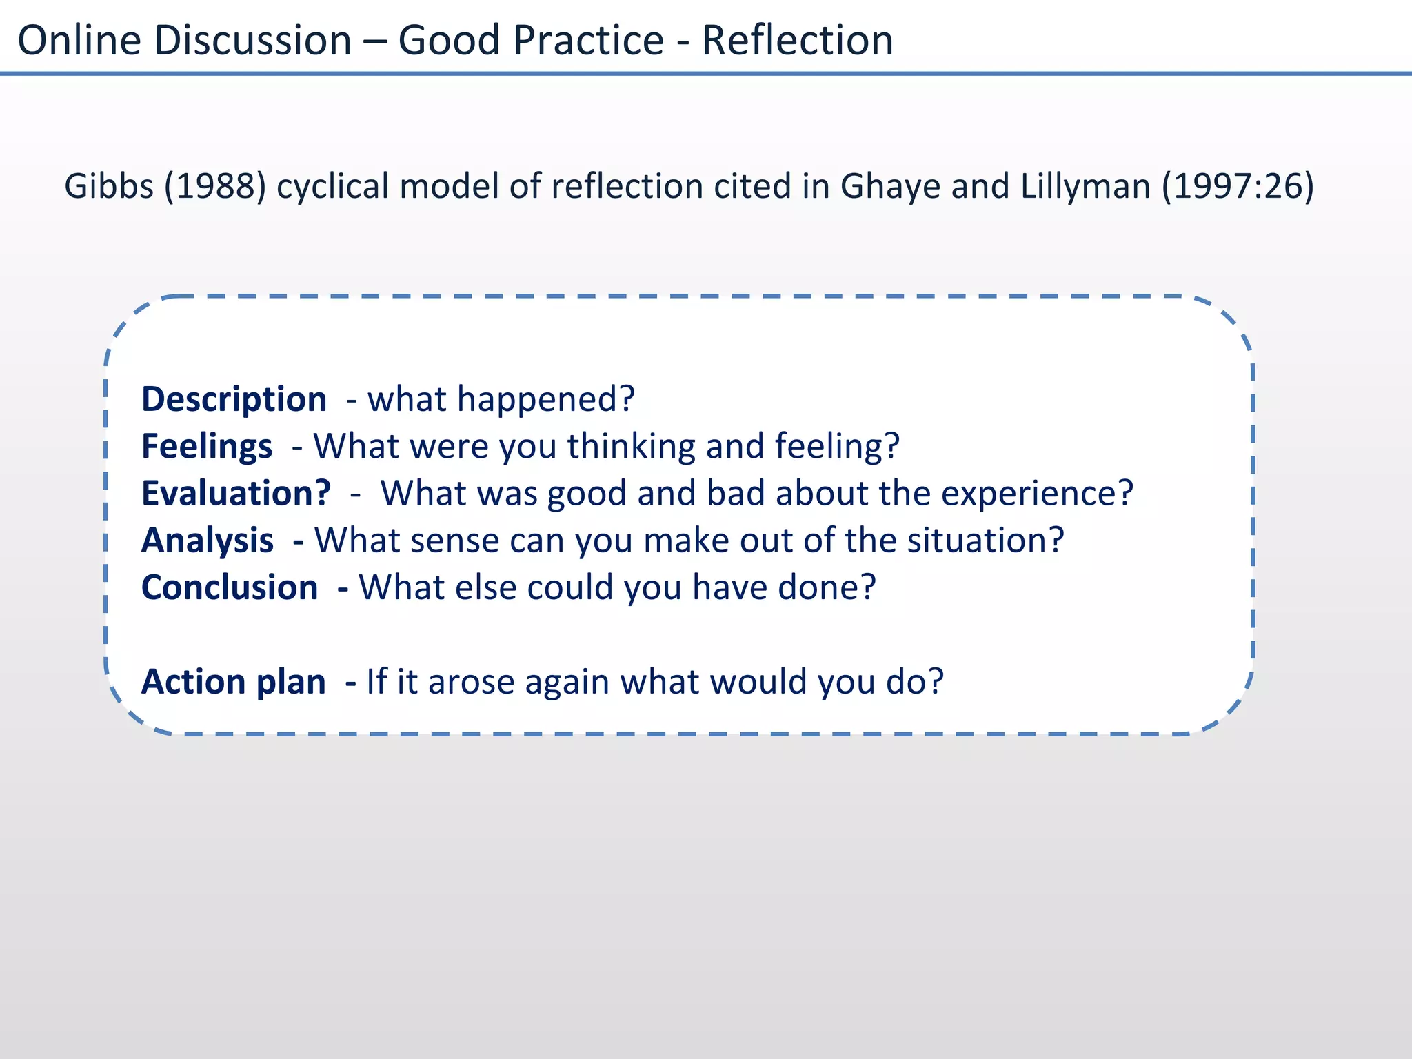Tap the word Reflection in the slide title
(x=797, y=40)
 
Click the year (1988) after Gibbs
(x=215, y=186)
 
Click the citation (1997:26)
(x=1238, y=186)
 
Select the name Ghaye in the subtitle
(x=890, y=186)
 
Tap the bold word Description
(x=234, y=400)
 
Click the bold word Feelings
(x=207, y=447)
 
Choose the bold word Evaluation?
(x=236, y=494)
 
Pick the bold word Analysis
(x=208, y=541)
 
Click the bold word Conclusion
(x=230, y=587)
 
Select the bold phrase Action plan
(x=233, y=682)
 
